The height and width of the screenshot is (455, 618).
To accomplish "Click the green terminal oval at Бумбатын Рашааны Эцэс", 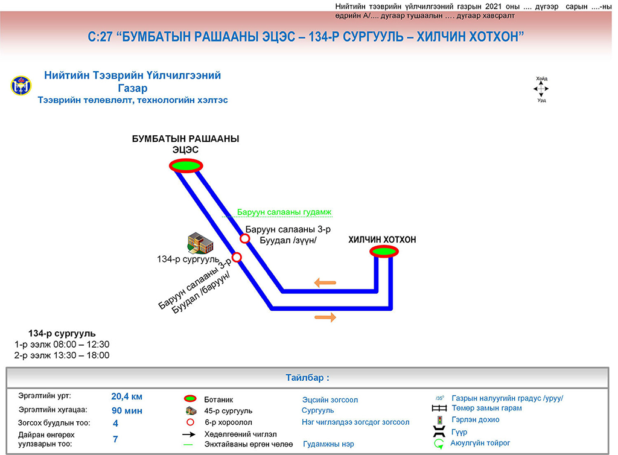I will [x=185, y=165].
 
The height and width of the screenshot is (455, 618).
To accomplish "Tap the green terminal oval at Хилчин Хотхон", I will [x=384, y=252].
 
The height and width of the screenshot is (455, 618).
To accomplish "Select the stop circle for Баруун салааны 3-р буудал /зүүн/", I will [x=245, y=238].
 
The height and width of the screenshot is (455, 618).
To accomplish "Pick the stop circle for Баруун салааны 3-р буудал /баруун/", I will [x=237, y=258].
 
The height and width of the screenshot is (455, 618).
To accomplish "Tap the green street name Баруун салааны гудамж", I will [x=284, y=212].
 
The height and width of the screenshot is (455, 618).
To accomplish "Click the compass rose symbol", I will [x=541, y=89].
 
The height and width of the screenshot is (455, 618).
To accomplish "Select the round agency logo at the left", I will [x=20, y=86].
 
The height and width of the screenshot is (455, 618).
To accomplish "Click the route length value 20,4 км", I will [x=127, y=396].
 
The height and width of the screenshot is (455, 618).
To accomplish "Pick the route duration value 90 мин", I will [x=127, y=410].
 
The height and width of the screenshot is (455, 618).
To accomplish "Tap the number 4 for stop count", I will [x=115, y=423].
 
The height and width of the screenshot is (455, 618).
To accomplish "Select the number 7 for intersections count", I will [x=115, y=439].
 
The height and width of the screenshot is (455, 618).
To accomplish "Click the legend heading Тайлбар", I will [x=307, y=378].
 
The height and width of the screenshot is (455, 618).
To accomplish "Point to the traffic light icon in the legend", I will [x=439, y=420].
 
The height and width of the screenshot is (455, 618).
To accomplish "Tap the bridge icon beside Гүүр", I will [x=439, y=432].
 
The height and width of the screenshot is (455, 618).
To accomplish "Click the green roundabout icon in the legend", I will [x=439, y=444].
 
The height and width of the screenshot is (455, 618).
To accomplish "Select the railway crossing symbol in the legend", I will [x=439, y=409].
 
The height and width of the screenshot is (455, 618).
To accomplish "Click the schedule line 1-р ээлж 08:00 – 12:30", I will [x=62, y=345].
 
